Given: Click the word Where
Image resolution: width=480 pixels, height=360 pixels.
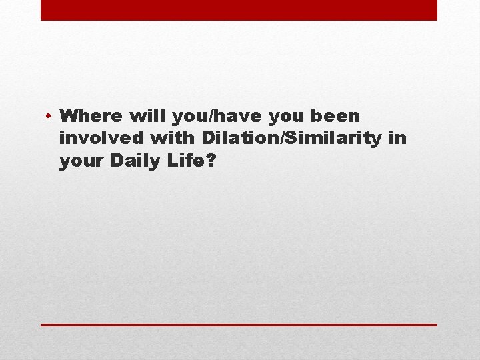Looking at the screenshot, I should point(91,116).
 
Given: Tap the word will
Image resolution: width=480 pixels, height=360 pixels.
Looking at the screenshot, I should point(148,116).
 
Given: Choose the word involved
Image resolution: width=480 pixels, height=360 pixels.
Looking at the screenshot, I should point(103,139).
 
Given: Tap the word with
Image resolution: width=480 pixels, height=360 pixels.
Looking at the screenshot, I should point(171,139).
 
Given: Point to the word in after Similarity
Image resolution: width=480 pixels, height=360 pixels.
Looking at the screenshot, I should point(398,139).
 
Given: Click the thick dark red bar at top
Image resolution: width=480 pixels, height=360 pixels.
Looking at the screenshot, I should point(239,10).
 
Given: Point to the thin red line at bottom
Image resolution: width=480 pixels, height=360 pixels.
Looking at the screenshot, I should point(239,325).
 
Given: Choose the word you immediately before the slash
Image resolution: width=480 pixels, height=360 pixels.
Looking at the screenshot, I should point(189,117).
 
